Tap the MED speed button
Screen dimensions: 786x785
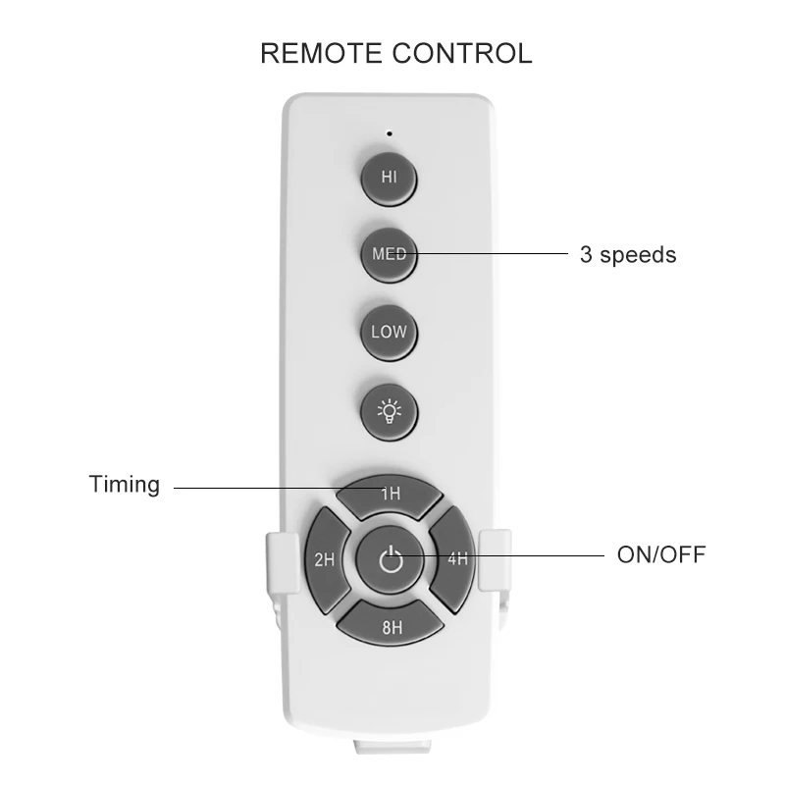[389, 253]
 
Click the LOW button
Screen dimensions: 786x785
[389, 332]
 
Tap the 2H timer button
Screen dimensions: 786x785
[325, 560]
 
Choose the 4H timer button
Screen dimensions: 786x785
[454, 560]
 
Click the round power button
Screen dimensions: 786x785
[390, 560]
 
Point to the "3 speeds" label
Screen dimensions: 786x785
[628, 255]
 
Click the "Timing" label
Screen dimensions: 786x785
[124, 485]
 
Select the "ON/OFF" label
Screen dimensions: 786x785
[660, 555]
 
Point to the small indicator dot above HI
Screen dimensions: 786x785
[389, 132]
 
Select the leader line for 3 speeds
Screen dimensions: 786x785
[491, 254]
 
